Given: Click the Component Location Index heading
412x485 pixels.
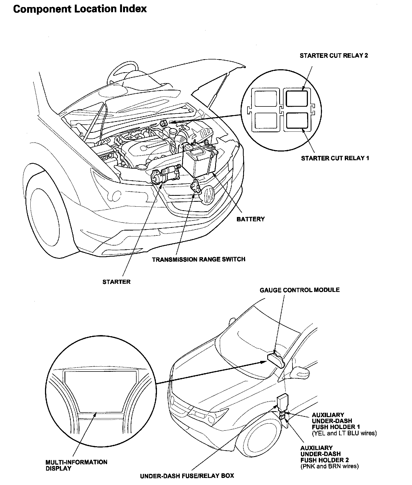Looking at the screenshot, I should [x=80, y=9].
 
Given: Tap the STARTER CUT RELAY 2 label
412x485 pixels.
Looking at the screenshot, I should [x=334, y=56].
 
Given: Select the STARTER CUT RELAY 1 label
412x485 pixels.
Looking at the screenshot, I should [x=335, y=158].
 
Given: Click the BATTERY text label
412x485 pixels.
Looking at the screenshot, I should [x=250, y=219].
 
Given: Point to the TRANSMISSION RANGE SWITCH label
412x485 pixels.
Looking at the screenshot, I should [x=198, y=259].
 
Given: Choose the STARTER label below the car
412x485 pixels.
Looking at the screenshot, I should [x=116, y=282].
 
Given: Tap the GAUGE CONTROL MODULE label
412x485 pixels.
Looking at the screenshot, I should [x=300, y=290].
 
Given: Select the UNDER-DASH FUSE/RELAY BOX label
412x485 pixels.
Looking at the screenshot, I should [x=187, y=476].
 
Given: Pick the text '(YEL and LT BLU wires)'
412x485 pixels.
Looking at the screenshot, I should [x=344, y=433].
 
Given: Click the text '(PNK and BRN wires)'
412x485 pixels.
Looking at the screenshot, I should [x=329, y=466].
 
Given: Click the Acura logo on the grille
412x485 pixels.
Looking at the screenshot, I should [x=209, y=195].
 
